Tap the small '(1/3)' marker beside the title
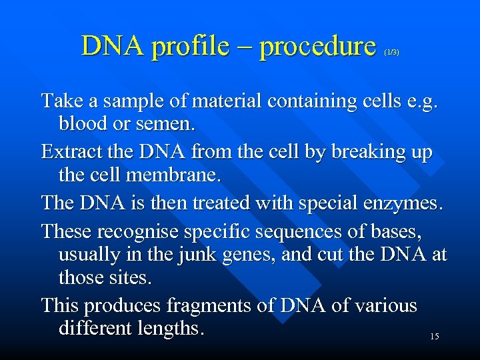click(x=391, y=52)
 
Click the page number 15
click(x=434, y=337)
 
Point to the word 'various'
click(x=382, y=306)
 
